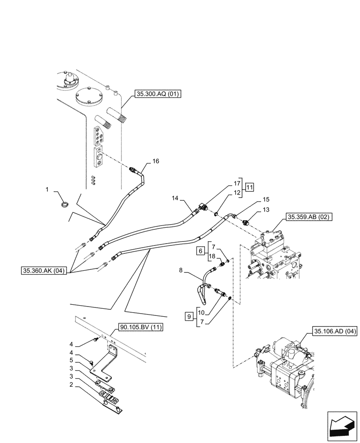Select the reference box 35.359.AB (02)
[309, 217]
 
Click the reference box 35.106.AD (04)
[335, 331]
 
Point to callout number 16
[156, 161]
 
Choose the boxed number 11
[249, 187]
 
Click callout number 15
[266, 200]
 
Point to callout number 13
[266, 209]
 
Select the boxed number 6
[200, 251]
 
